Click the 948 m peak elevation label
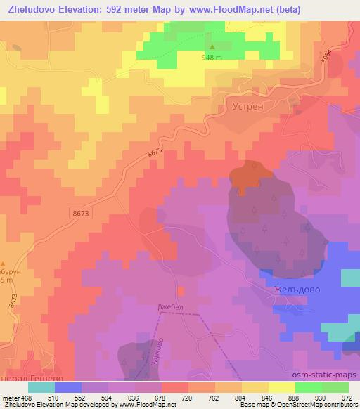214,58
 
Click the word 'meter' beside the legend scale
11,397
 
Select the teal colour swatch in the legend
41,387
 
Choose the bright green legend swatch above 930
309,387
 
